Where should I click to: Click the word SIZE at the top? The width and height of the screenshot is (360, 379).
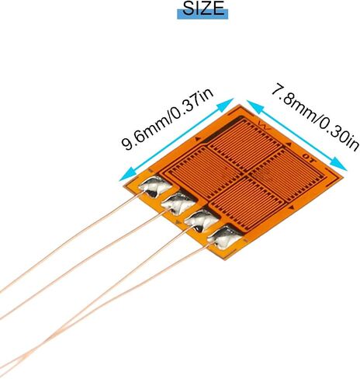(203, 9)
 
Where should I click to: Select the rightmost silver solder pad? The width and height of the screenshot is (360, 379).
(224, 238)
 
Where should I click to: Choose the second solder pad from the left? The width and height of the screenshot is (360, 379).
(178, 204)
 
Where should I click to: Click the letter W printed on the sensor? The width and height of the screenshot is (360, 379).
(265, 127)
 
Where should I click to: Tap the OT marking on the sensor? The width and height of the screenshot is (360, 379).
(310, 158)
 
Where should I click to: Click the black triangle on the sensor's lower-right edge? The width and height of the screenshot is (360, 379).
(292, 207)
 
